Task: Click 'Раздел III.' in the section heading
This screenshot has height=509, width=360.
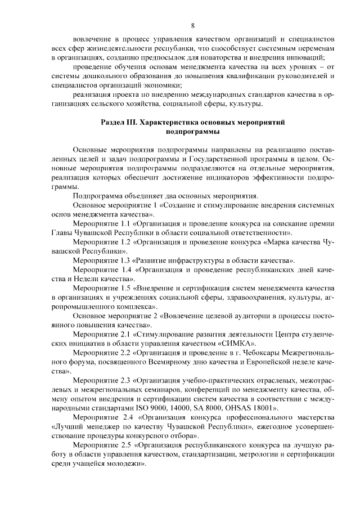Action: [119, 121]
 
